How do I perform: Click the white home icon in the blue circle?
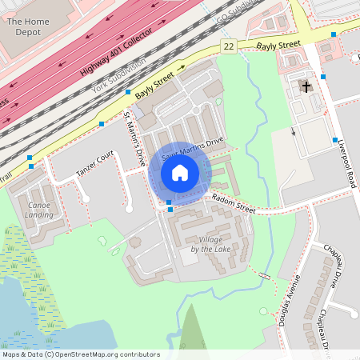click(x=180, y=172)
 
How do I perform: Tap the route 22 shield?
click(x=230, y=47)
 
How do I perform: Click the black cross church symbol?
click(x=306, y=86)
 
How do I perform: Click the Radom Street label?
click(x=234, y=205)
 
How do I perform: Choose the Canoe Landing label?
click(x=38, y=209)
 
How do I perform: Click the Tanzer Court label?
click(x=95, y=162)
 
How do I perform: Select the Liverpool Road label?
click(x=342, y=153)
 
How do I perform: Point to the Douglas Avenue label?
click(x=291, y=297)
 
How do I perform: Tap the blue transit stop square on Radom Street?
click(x=170, y=209)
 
